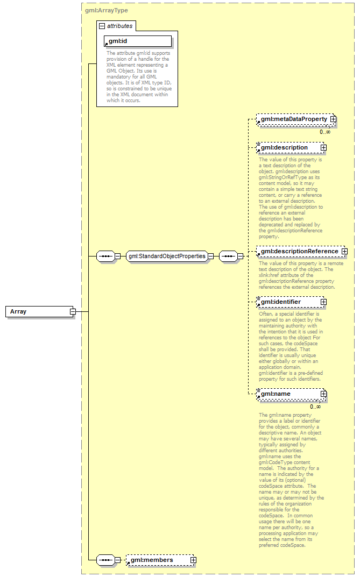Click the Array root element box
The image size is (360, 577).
38,312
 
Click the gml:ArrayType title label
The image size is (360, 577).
107,10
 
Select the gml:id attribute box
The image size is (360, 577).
138,41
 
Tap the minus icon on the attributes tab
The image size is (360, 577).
102,26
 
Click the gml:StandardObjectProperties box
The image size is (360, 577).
167,257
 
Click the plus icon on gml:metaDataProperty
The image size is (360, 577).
333,119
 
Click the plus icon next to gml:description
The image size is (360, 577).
323,147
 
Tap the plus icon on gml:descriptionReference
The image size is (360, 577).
344,251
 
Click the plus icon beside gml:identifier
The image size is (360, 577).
323,302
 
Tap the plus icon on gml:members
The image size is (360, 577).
193,560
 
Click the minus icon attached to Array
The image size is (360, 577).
72,312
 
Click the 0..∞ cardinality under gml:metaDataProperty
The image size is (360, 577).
325,132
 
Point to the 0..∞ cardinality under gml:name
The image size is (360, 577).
315,407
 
